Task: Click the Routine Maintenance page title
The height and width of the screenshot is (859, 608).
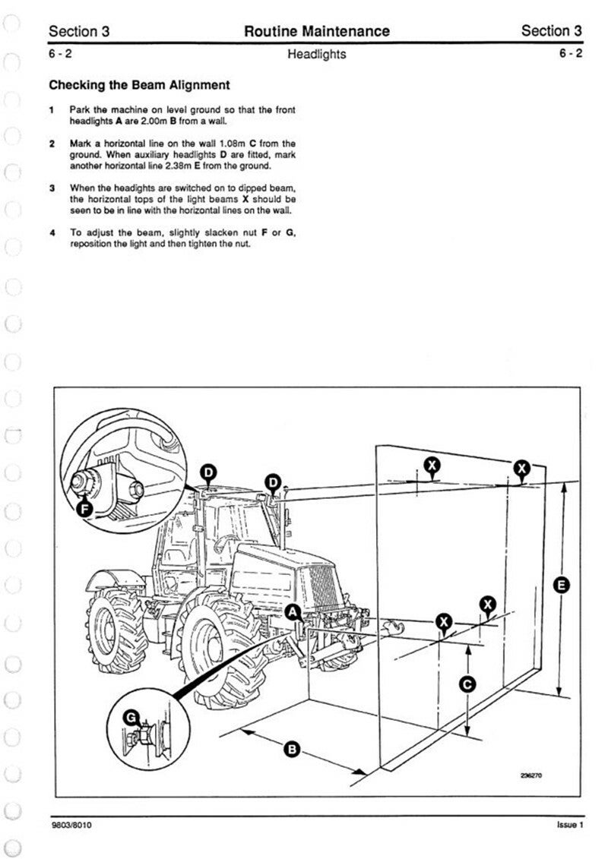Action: tap(316, 31)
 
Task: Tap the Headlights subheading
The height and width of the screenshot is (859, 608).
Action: tap(316, 54)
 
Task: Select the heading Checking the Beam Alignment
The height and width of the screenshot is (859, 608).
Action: tap(139, 85)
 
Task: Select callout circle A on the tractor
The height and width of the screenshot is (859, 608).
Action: tap(293, 611)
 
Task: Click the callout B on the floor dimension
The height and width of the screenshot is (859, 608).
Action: tap(290, 750)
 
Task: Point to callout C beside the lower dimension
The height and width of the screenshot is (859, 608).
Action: tap(468, 684)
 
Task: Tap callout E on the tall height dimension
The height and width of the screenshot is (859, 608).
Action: tap(562, 585)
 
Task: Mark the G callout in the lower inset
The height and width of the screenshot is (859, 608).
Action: tap(131, 716)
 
